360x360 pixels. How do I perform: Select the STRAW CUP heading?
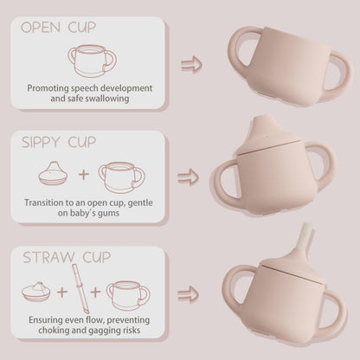(67, 257)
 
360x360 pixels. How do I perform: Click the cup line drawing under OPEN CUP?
(91, 61)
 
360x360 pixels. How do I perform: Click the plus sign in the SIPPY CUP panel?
(84, 175)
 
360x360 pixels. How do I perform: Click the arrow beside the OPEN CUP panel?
(190, 64)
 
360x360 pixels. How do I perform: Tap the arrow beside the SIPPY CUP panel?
(188, 177)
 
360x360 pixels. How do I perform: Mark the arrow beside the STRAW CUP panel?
(188, 293)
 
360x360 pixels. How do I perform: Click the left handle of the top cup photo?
(238, 54)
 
